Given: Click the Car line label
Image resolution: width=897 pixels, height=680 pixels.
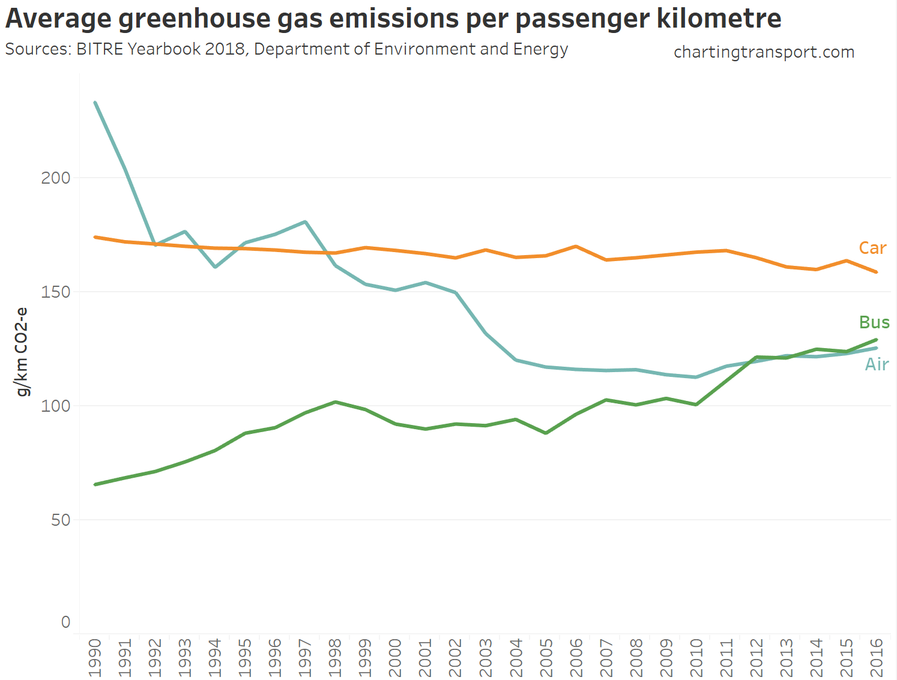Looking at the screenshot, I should click(x=872, y=248).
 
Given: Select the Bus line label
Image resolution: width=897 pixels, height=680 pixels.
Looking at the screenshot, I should click(x=874, y=322).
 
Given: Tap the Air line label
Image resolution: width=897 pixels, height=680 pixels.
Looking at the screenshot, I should click(x=876, y=364).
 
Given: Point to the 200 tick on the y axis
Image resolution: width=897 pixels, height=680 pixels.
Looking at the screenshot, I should click(x=56, y=178).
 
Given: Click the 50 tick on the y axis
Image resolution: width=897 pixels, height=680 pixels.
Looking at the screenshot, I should click(x=61, y=520).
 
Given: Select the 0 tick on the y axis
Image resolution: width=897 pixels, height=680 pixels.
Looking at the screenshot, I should click(x=66, y=622).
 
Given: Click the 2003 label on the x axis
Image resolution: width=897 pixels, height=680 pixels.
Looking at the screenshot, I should click(x=486, y=657).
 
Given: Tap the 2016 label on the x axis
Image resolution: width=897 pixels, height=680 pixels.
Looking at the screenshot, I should click(x=876, y=657).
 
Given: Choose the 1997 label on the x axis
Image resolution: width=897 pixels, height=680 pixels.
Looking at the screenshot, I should click(x=306, y=657).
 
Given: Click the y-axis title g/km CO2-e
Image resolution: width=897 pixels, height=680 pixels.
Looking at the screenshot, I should click(x=22, y=352).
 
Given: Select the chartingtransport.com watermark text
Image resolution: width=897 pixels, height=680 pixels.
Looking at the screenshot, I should click(x=764, y=52).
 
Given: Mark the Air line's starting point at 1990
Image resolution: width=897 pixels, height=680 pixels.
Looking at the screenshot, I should click(x=95, y=103).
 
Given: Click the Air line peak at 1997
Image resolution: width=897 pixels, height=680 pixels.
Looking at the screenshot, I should click(x=306, y=222).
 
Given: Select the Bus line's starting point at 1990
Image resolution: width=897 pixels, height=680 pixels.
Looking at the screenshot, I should click(x=95, y=484).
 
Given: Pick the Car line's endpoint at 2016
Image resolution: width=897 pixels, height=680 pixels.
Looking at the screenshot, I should click(x=876, y=272).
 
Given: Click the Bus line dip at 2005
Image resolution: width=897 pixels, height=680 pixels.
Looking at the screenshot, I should click(x=546, y=433).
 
